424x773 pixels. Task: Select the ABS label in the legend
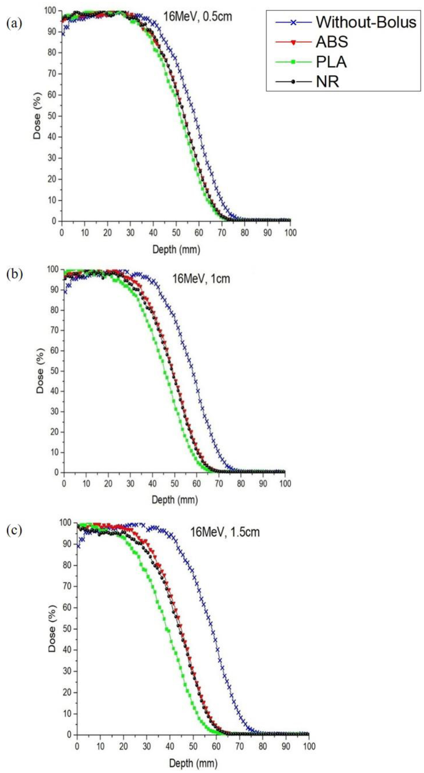tap(332, 42)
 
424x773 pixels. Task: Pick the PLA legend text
tap(331, 62)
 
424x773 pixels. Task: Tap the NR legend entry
tap(327, 82)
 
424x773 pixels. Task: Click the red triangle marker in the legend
tap(293, 42)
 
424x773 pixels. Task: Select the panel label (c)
tap(14, 531)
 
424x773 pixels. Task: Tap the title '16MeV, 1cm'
tap(201, 278)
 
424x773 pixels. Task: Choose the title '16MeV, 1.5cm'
tap(225, 532)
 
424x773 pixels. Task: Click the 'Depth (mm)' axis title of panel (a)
tap(176, 250)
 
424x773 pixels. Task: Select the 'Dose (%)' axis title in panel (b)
tap(40, 370)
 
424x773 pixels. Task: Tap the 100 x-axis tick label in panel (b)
tap(285, 484)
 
